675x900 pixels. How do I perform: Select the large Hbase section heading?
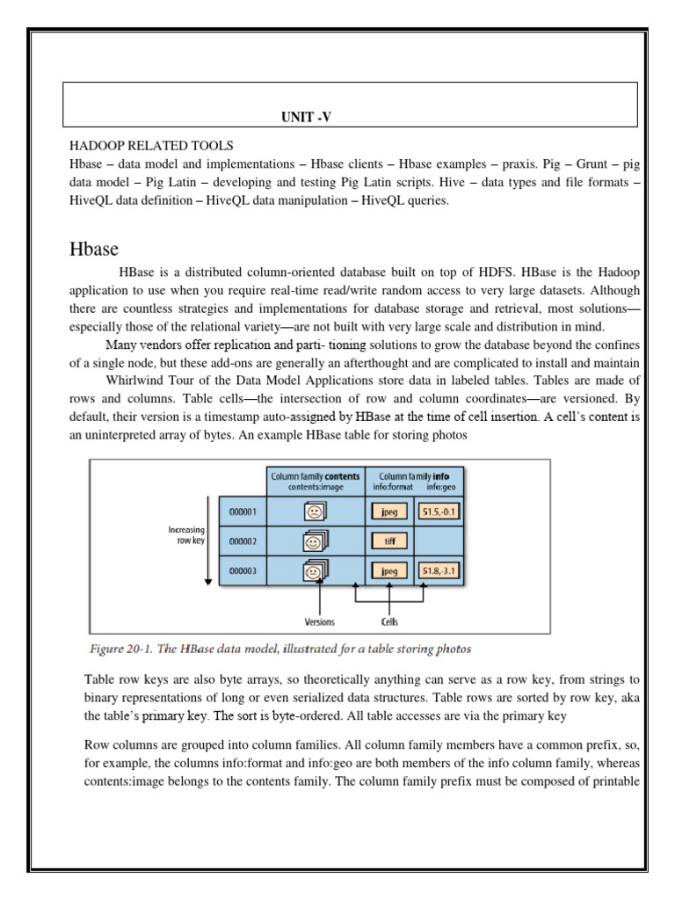tap(94, 250)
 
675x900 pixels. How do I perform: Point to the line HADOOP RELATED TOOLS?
tap(151, 145)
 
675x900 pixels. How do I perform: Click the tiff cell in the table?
tap(388, 541)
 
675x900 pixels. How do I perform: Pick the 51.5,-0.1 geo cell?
tap(440, 511)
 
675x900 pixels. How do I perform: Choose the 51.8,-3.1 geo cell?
tap(440, 571)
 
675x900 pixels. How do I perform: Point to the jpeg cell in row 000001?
tap(388, 511)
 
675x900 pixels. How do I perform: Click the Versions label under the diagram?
tap(319, 621)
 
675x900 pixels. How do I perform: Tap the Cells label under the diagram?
tap(389, 621)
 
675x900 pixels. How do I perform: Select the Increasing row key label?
tap(186, 535)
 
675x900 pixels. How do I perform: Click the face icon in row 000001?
tap(314, 511)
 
